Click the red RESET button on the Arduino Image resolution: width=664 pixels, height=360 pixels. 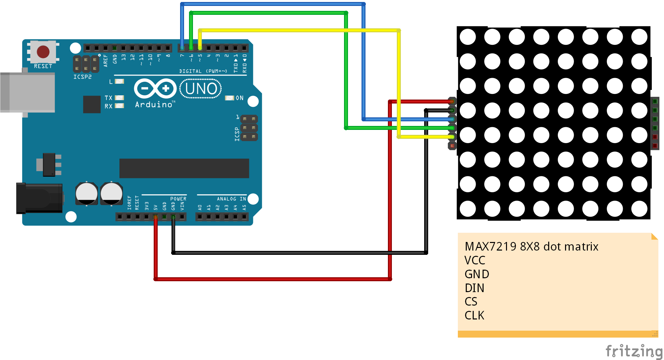[x=43, y=52]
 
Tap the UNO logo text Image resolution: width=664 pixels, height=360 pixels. [x=201, y=89]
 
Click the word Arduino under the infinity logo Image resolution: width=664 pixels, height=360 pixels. [x=154, y=105]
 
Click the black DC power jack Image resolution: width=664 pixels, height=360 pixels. [x=40, y=198]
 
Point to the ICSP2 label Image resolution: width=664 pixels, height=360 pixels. [x=82, y=77]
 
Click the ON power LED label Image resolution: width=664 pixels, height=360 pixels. [x=239, y=98]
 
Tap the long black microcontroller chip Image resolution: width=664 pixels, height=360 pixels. [x=184, y=168]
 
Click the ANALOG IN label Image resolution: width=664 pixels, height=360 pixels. [x=231, y=199]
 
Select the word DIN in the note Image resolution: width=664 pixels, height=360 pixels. [x=474, y=288]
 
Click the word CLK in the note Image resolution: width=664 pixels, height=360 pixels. [x=474, y=315]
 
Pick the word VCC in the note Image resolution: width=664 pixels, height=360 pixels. [x=475, y=260]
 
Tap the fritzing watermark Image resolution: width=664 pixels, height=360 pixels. [x=633, y=351]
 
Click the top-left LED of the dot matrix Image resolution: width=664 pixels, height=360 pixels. [x=467, y=37]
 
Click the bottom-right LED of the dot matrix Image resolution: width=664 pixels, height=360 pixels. [x=639, y=209]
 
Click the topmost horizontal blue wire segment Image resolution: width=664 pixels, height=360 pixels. [x=272, y=4]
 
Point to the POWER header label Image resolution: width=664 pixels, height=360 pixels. [x=178, y=199]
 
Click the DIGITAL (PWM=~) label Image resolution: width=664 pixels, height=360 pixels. [x=203, y=71]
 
